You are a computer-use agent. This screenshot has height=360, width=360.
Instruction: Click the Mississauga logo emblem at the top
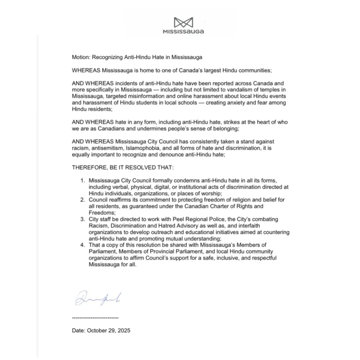(x=183, y=22)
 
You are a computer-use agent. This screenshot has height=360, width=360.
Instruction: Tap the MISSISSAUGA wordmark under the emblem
(x=183, y=32)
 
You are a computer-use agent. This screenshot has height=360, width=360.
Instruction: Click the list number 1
(x=82, y=180)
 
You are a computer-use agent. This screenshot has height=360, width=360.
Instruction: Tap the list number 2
(x=82, y=199)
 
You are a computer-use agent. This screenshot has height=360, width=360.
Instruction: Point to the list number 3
(x=82, y=219)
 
